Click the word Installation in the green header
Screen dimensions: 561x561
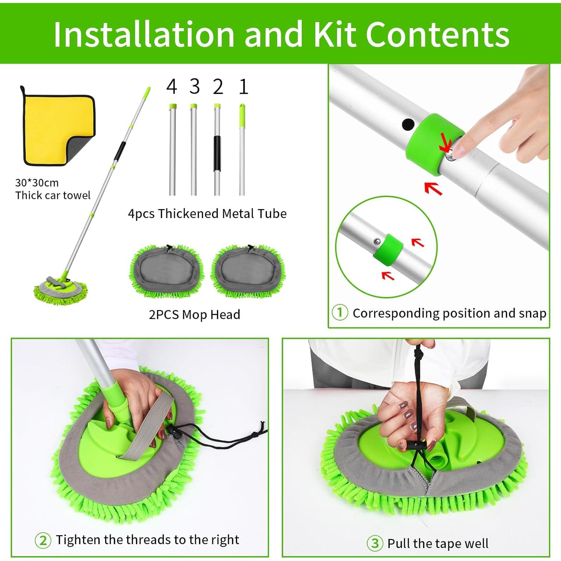point(144,34)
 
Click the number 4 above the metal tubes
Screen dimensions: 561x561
point(172,87)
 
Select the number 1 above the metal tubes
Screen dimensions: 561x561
point(243,87)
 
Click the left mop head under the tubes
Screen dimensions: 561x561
point(167,270)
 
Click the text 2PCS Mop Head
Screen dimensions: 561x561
point(194,315)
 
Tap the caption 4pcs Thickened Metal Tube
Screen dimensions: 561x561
point(207,214)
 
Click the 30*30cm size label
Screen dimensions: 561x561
point(37,183)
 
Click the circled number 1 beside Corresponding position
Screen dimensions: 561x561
point(340,313)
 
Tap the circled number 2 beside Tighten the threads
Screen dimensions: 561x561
point(43,540)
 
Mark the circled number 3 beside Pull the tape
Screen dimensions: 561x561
point(375,543)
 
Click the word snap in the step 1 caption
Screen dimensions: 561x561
point(533,313)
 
